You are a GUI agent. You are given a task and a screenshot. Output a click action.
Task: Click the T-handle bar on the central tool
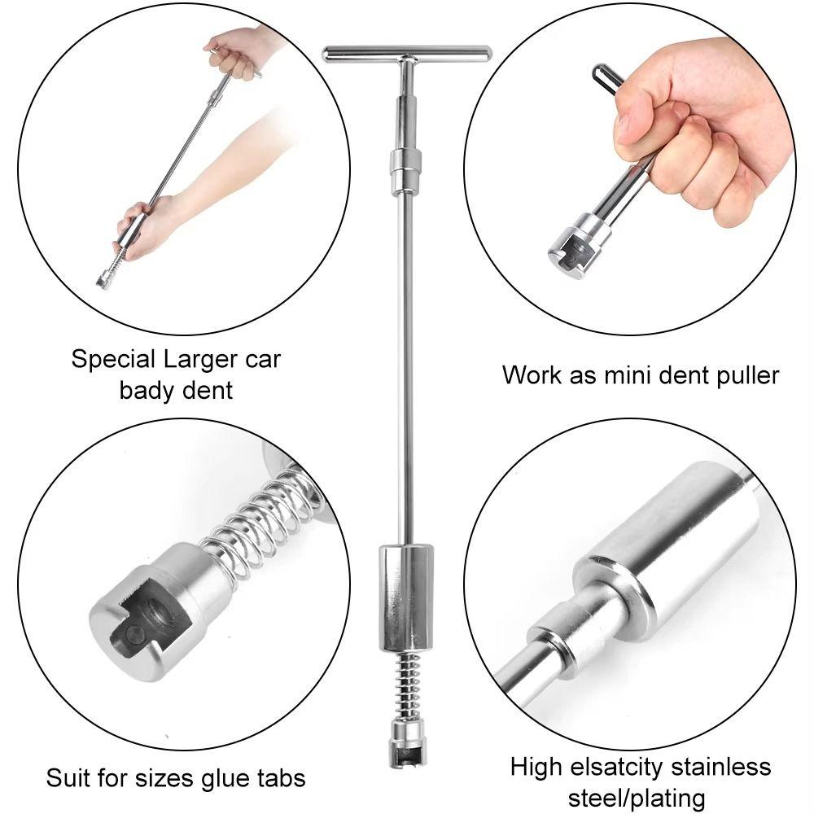tap(407, 54)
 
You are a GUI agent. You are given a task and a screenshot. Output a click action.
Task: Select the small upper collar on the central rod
tap(405, 164)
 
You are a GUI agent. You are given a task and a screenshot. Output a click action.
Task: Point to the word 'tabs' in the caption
tap(282, 777)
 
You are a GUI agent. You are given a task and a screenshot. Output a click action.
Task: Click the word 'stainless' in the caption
tap(728, 766)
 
